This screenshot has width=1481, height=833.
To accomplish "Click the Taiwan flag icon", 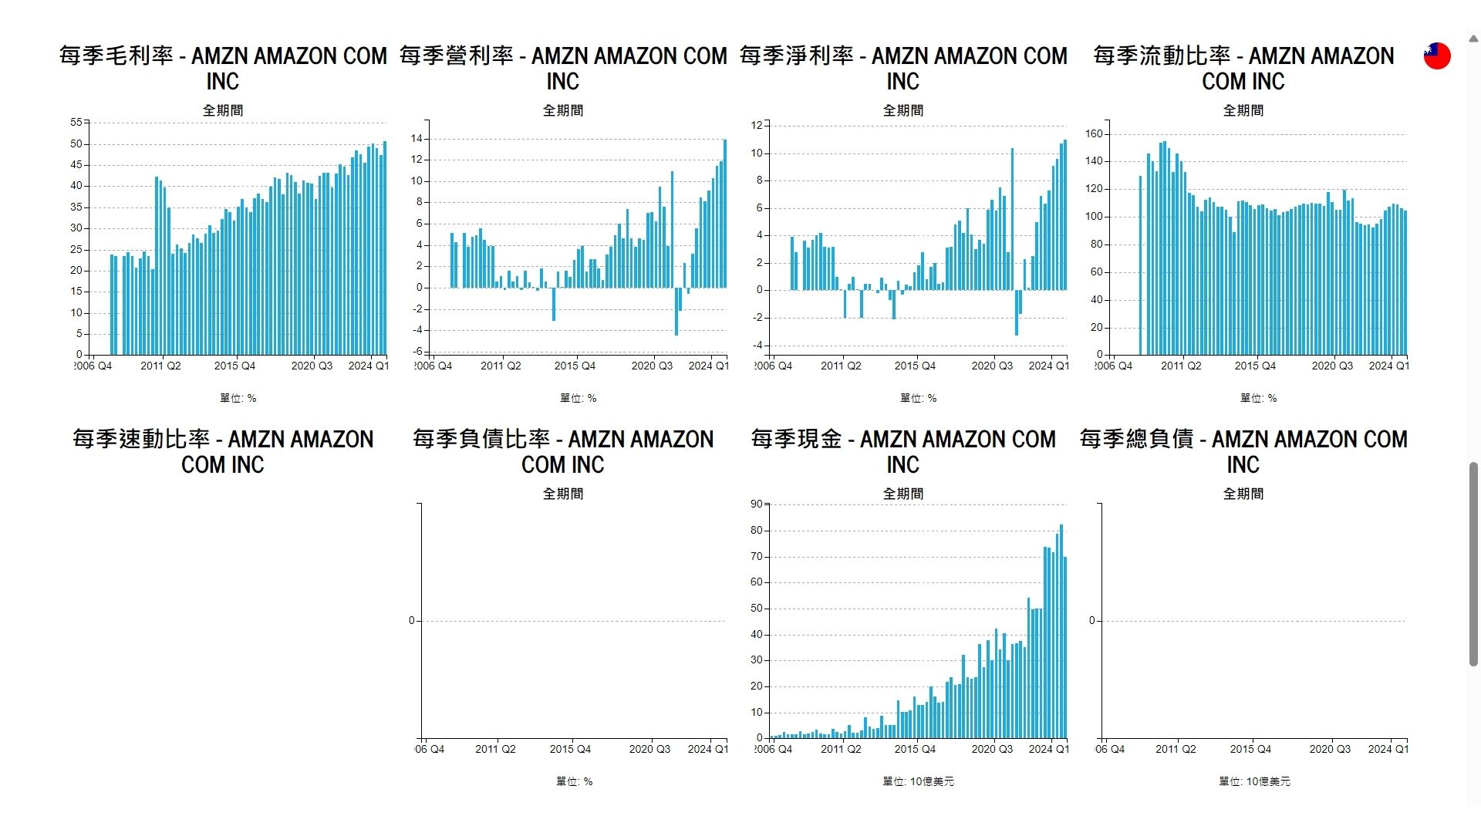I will click(1437, 56).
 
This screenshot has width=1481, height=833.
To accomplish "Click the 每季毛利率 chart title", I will click(223, 69).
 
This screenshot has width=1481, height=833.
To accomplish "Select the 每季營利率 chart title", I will click(563, 69).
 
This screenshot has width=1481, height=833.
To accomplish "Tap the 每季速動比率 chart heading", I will click(223, 452).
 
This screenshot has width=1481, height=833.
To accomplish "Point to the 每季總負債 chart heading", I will click(1243, 452).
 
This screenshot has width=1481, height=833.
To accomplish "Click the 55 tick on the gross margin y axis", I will click(76, 123).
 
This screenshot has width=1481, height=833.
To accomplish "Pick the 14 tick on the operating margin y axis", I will click(417, 139).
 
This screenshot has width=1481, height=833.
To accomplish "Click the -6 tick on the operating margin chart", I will click(417, 352).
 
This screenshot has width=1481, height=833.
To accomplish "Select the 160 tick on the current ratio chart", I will click(1094, 134).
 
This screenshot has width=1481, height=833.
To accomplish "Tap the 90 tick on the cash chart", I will click(756, 504).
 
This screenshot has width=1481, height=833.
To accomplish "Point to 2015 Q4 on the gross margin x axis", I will click(234, 366).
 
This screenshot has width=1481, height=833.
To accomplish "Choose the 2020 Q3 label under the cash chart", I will click(992, 749).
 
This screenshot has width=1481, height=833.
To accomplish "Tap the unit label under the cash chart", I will click(918, 781).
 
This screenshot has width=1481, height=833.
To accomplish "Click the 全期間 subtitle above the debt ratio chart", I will click(563, 494).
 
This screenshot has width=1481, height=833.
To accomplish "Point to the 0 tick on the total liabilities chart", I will click(1091, 621).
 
